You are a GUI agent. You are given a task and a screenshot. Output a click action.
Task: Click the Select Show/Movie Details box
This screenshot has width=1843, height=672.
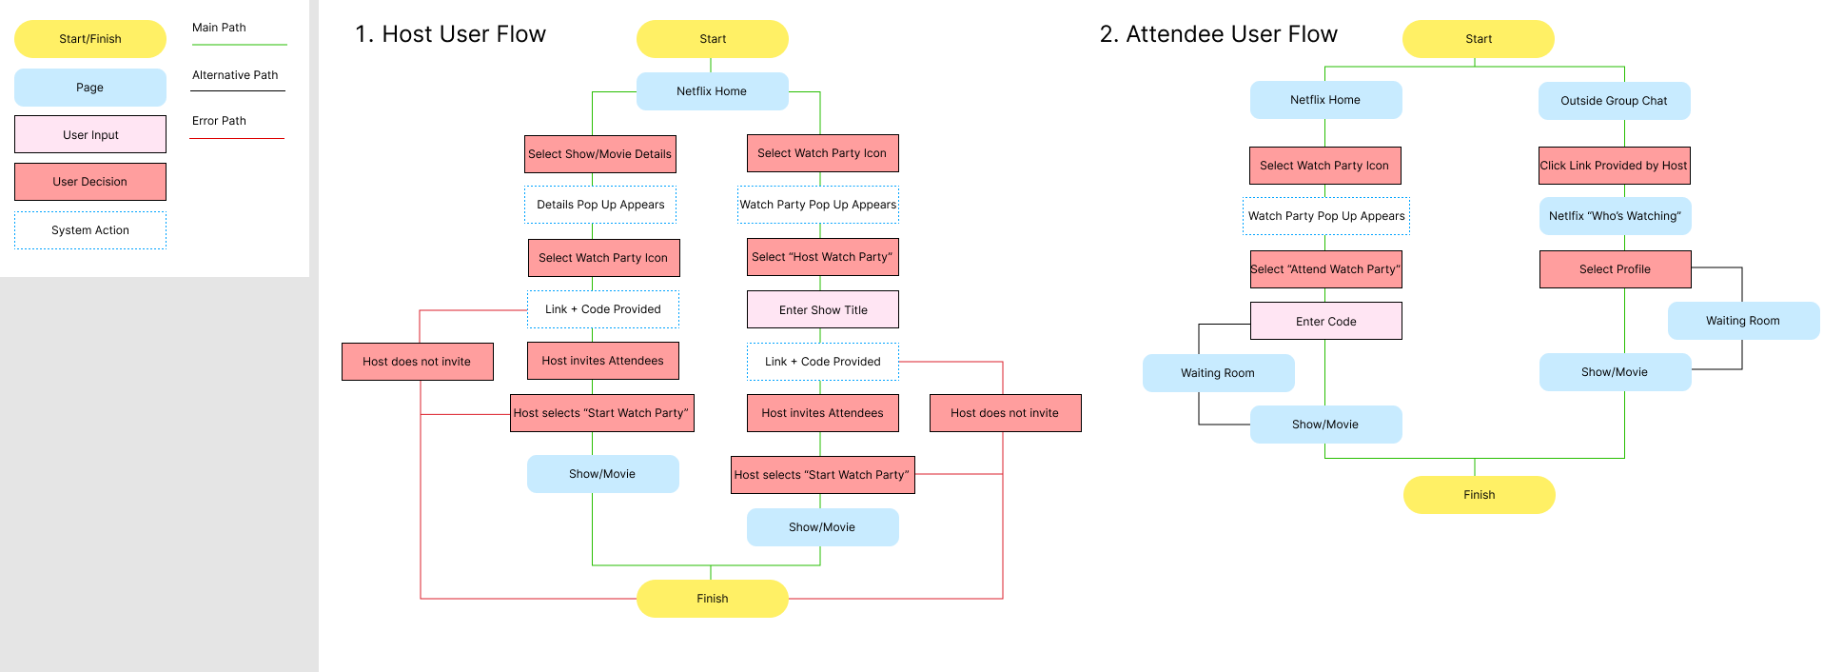click(600, 154)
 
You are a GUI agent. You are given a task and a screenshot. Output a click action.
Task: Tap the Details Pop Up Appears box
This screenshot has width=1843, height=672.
click(600, 205)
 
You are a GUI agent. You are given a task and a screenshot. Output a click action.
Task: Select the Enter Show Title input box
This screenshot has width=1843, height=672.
click(823, 309)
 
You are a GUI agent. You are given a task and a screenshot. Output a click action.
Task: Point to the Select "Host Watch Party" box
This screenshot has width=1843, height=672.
click(823, 257)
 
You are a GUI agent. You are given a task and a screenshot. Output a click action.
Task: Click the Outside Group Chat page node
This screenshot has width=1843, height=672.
click(1614, 101)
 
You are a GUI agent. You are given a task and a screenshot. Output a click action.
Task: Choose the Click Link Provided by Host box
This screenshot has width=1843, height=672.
click(1614, 166)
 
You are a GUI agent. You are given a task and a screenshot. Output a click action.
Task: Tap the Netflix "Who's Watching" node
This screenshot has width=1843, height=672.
click(1615, 216)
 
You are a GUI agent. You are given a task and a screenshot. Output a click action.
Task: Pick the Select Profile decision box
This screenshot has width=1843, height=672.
click(1615, 269)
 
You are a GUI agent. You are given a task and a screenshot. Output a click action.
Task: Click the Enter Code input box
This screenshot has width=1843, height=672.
click(1325, 322)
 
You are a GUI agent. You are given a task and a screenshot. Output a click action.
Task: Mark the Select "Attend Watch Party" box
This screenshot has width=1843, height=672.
click(1325, 269)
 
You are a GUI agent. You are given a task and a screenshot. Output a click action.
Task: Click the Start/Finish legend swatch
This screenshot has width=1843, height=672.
click(90, 39)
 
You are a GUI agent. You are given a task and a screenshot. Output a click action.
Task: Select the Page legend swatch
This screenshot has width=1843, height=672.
click(90, 88)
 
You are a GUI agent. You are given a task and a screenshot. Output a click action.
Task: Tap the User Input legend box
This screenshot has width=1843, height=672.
click(90, 135)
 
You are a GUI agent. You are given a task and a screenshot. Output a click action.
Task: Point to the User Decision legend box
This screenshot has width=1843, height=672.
click(90, 182)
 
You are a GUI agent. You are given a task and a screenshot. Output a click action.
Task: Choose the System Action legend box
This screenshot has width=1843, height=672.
click(90, 230)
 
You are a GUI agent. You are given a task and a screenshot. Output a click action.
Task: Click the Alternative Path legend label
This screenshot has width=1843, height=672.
click(235, 75)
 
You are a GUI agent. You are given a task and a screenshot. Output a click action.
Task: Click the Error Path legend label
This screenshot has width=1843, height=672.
click(219, 121)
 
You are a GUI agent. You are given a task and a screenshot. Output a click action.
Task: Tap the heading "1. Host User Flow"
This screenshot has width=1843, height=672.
click(450, 34)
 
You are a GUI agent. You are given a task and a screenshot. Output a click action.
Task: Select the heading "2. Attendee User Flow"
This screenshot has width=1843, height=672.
click(1218, 34)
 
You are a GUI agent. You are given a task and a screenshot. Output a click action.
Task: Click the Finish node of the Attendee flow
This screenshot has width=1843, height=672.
click(1479, 495)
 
